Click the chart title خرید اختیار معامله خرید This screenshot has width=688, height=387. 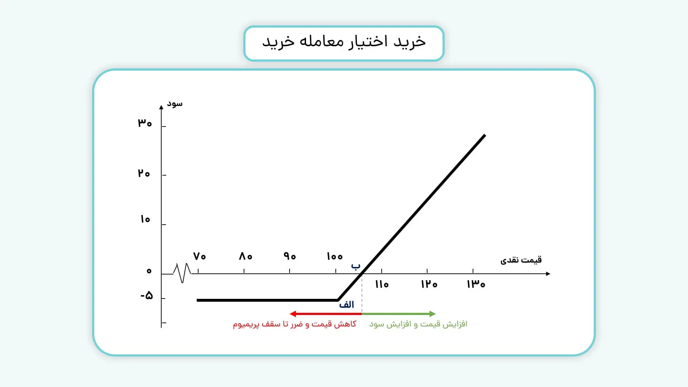pyautogui.click(x=344, y=42)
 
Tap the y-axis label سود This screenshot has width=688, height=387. pyautogui.click(x=175, y=104)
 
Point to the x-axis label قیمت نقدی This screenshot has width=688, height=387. pyautogui.click(x=521, y=260)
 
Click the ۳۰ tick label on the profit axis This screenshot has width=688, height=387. pyautogui.click(x=145, y=123)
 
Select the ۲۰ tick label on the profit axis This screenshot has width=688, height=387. pyautogui.click(x=144, y=173)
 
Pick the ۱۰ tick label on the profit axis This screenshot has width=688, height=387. pyautogui.click(x=145, y=219)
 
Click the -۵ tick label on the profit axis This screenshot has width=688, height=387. pyautogui.click(x=147, y=296)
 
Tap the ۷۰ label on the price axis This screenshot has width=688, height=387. pyautogui.click(x=199, y=256)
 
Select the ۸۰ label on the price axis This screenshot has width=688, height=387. pyautogui.click(x=245, y=256)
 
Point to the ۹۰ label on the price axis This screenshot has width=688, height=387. pyautogui.click(x=290, y=256)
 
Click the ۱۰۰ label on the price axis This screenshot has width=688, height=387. pyautogui.click(x=335, y=256)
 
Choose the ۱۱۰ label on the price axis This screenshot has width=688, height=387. pyautogui.click(x=382, y=285)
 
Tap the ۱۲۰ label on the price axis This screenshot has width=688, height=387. pyautogui.click(x=429, y=285)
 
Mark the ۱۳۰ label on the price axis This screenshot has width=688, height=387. pyautogui.click(x=476, y=285)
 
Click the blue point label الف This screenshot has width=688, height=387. pyautogui.click(x=347, y=305)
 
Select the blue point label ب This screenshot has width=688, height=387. pyautogui.click(x=355, y=266)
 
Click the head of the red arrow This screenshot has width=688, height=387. pyautogui.click(x=292, y=314)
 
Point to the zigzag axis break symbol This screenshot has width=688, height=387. pyautogui.click(x=182, y=273)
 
